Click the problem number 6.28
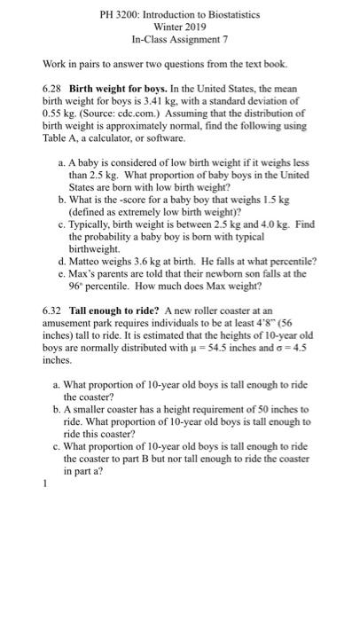54,91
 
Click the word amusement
70,329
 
